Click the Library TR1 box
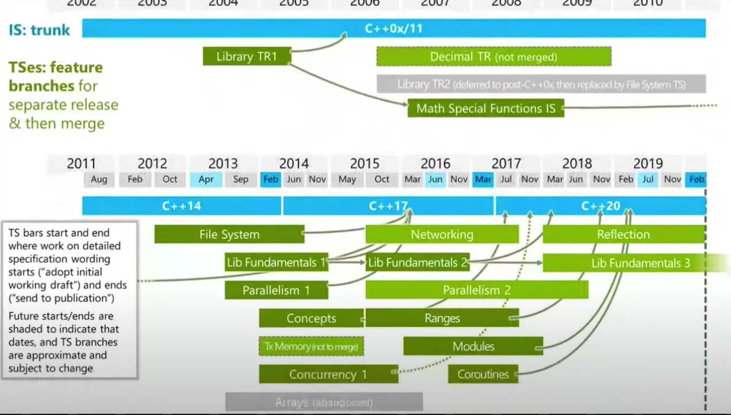tap(247, 57)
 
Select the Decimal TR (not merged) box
tap(493, 57)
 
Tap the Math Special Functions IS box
tap(485, 109)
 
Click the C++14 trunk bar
tap(182, 206)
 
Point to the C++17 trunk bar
tap(388, 206)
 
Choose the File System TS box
tap(229, 234)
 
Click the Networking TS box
tap(442, 234)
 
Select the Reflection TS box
tap(623, 234)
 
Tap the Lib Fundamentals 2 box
tap(417, 262)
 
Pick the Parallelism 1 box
tap(276, 290)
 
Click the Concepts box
tap(311, 318)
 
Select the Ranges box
tap(442, 318)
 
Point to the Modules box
tap(473, 346)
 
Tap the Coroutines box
tap(483, 374)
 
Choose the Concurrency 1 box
tap(328, 374)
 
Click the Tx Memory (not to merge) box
tap(311, 346)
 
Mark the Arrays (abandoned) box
tap(324, 402)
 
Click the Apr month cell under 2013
tap(206, 179)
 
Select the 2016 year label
tap(435, 164)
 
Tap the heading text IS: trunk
tap(39, 30)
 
